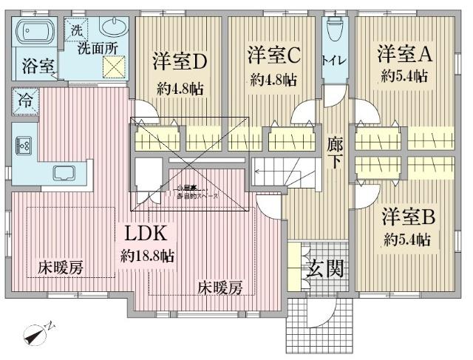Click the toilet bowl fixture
coord(333,30)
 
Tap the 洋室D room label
coord(179,59)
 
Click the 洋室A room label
coord(404,53)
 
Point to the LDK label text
coord(148,234)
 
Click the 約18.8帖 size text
coord(148,257)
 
